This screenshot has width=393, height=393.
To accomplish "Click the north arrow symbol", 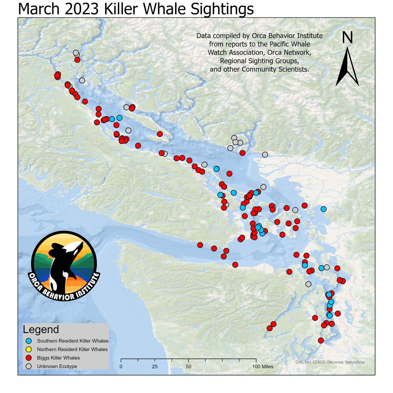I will (347, 67).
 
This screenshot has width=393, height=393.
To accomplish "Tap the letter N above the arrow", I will (348, 38).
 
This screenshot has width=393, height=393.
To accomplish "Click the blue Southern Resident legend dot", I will (29, 341).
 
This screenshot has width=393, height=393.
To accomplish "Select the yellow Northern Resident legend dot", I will (29, 349).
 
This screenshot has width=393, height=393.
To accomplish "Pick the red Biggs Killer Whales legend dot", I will (29, 358).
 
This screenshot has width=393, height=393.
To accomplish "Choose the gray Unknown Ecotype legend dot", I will (29, 366).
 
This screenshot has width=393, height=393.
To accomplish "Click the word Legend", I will (41, 330).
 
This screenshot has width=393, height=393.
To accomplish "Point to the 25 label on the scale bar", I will (155, 366).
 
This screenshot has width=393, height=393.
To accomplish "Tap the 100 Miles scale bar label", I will (262, 366).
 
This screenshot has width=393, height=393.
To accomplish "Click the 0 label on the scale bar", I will (121, 366).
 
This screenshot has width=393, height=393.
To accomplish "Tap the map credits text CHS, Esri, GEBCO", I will (330, 362).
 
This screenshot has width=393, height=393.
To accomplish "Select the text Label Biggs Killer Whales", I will (58, 358).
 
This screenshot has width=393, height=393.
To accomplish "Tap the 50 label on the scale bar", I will (188, 366).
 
